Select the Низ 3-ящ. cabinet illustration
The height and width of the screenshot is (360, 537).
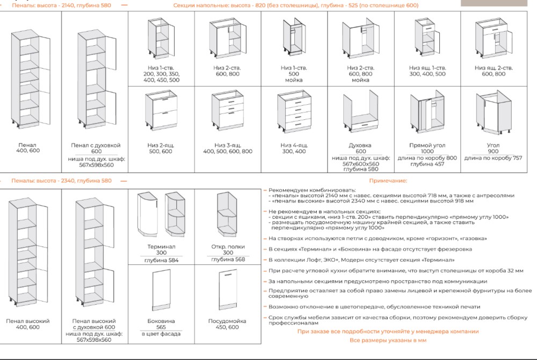point(228,112)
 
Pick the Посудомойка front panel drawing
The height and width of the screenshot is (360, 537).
point(228,290)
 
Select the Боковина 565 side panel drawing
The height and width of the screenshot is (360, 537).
point(161,290)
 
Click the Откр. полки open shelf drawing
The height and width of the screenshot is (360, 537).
point(227,214)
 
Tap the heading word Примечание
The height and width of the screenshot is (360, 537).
point(388,181)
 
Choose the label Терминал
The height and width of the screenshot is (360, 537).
point(161,246)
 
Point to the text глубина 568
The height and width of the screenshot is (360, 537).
point(228,259)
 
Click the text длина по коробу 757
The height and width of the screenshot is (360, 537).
point(493,158)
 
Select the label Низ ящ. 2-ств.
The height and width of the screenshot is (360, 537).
point(494,68)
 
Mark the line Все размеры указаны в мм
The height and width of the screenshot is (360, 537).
point(388,340)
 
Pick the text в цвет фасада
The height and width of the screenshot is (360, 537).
point(161,334)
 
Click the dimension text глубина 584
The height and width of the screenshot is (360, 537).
point(161,260)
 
